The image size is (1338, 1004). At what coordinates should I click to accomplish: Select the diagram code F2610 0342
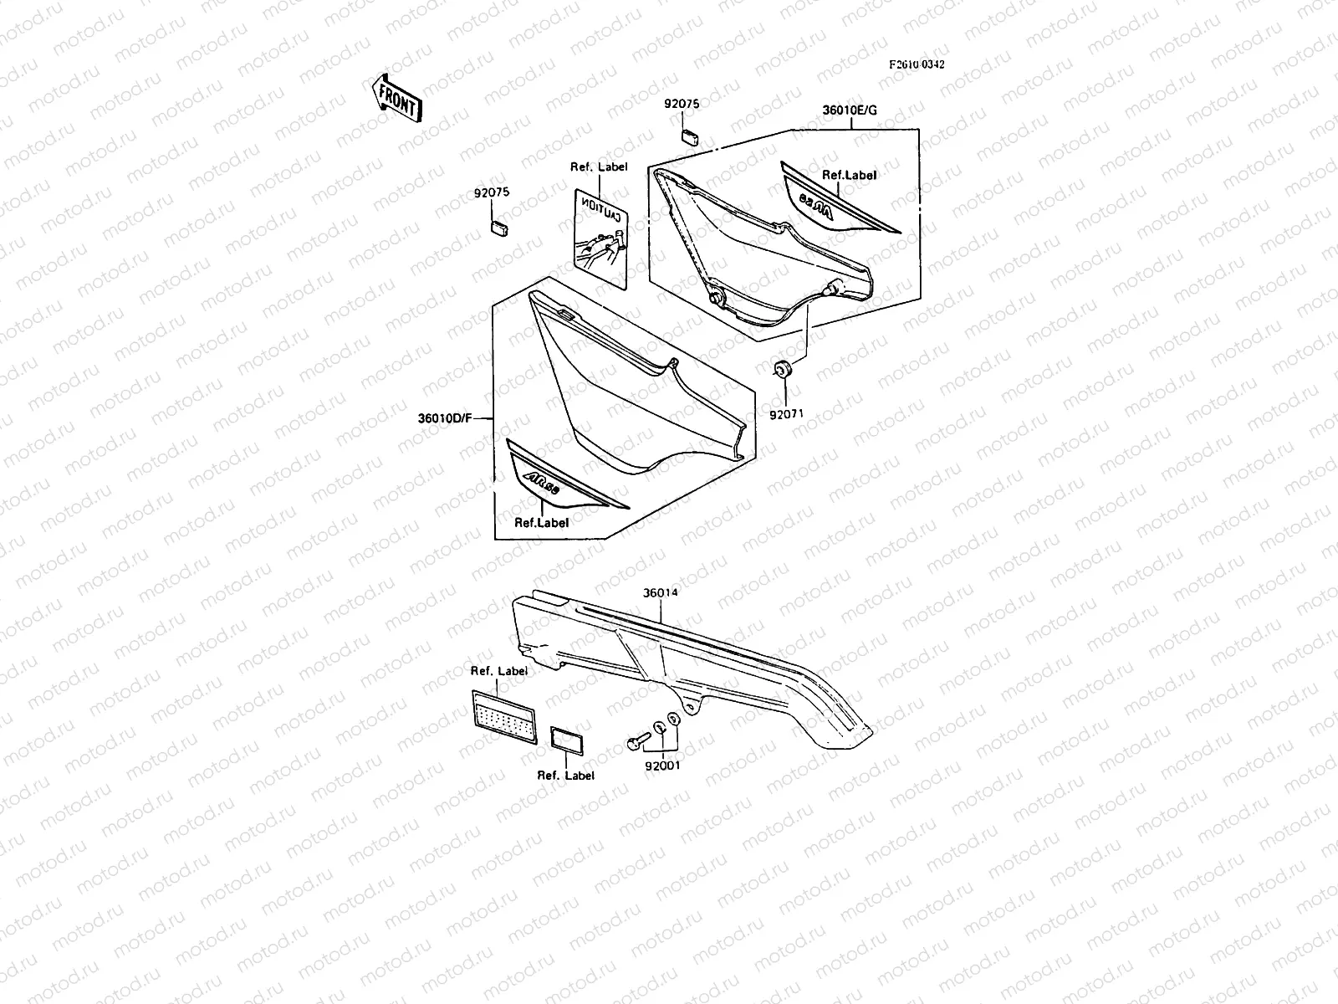click(x=917, y=64)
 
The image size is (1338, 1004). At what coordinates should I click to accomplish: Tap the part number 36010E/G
click(x=850, y=110)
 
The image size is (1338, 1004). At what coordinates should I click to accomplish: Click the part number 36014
click(x=660, y=592)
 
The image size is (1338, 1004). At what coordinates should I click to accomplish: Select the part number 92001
click(x=662, y=764)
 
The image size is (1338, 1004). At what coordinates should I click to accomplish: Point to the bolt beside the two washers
click(x=638, y=740)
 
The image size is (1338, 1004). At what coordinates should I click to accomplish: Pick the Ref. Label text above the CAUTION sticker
click(x=599, y=166)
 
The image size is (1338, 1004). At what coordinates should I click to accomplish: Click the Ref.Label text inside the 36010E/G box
click(x=849, y=175)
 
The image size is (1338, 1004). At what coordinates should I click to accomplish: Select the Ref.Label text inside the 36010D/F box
click(x=541, y=522)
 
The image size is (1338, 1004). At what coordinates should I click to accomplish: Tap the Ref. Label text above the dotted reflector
click(x=498, y=670)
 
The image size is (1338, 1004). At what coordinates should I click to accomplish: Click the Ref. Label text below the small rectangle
click(x=565, y=776)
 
